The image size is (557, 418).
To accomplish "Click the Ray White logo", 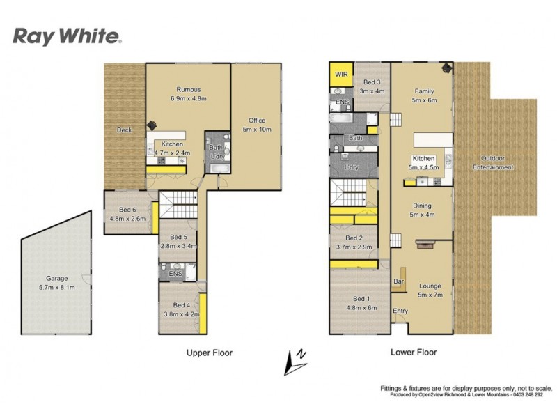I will (x=68, y=36).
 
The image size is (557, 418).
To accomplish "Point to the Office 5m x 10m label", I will (x=257, y=125).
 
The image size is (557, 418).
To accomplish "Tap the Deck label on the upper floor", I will (x=124, y=130).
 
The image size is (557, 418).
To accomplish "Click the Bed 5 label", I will (x=179, y=241).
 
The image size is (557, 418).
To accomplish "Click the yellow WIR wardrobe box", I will (x=341, y=74).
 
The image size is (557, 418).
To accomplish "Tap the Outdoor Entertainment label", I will (x=493, y=164).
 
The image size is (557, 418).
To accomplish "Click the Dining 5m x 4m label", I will (x=422, y=210).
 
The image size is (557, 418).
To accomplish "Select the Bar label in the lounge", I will (x=400, y=281).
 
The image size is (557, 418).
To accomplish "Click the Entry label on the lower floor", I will (x=400, y=311).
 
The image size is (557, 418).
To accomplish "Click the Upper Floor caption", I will (x=209, y=353).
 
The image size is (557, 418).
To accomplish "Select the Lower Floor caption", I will (x=413, y=353).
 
